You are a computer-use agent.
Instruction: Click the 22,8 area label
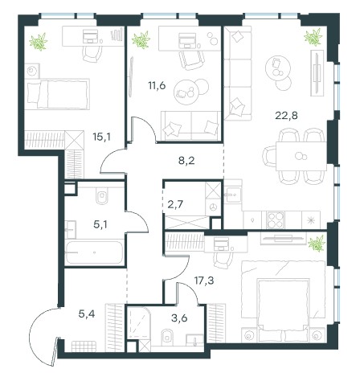[286, 116]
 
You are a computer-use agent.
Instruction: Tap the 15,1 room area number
[101, 137]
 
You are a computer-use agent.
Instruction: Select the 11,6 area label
[157, 86]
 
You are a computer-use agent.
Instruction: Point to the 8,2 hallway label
[186, 161]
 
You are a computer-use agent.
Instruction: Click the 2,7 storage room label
[176, 204]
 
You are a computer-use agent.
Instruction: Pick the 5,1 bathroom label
[100, 224]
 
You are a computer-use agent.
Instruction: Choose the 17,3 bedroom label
[204, 281]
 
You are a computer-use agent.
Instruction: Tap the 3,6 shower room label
[179, 318]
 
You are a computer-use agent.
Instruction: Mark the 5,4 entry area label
[87, 313]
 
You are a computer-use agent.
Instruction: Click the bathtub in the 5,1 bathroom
[94, 252]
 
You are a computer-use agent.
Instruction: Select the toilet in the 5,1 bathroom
[101, 196]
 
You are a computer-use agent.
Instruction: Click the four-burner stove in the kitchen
[276, 220]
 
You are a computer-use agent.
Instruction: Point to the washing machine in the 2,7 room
[213, 207]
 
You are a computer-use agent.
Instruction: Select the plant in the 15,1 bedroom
[39, 42]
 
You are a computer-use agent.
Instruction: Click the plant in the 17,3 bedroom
[317, 244]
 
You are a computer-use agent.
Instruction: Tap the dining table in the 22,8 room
[301, 156]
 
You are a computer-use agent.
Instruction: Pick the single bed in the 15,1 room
[57, 94]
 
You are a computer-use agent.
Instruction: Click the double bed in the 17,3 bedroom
[283, 301]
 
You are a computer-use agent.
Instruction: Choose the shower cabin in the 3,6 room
[137, 322]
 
